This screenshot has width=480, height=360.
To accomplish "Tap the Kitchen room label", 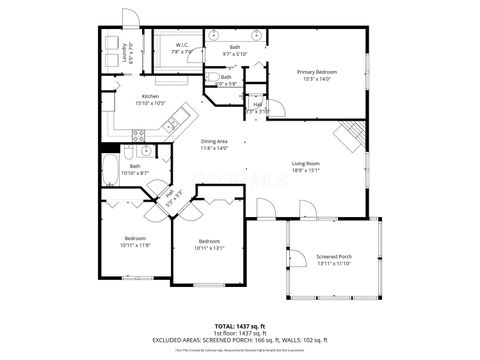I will [150, 96].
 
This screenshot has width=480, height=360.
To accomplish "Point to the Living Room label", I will [306, 163].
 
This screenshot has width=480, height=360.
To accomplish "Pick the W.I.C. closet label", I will [183, 45].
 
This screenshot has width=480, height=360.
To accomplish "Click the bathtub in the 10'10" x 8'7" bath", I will [110, 167].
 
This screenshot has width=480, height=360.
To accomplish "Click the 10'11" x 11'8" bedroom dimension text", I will [136, 244].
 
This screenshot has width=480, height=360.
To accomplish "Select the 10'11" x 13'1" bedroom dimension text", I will [209, 247].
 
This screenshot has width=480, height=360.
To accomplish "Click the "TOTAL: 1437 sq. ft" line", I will [240, 327].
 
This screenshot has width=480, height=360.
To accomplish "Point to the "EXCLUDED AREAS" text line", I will [240, 340].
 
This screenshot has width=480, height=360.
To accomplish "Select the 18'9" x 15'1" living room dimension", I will [306, 170].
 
